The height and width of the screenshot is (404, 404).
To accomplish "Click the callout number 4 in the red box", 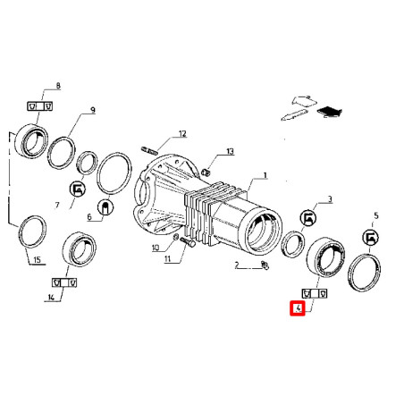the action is point(298,308).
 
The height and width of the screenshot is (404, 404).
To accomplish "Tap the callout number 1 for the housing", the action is point(265,175).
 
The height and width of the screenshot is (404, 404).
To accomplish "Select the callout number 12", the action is point(182,134).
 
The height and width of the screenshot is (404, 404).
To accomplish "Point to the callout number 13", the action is point(230,151).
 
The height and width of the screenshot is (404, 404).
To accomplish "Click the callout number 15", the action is point(37,259).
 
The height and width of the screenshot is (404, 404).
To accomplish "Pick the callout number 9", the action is point(93,110).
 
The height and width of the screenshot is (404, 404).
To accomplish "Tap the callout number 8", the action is point(58,86).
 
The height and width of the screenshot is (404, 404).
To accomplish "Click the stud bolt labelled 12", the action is point(148,150).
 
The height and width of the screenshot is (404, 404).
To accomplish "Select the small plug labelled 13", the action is point(206,172).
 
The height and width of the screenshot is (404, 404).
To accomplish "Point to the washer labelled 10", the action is point(176,237).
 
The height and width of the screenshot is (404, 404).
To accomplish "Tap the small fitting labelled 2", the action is point(265,265).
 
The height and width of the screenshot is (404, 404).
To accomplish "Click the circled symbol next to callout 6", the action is point(105,207).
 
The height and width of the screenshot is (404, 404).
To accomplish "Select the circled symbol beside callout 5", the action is point(370,238).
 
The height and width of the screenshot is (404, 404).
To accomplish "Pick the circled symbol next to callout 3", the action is point(307,218).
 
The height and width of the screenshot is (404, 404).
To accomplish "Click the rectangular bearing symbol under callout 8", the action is point(40,106).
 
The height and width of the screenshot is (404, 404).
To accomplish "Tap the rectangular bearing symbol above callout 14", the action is point(64,282).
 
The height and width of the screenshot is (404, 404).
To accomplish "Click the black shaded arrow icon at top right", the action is point(330,113).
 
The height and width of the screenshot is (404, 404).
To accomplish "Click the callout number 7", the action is point(57,205).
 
